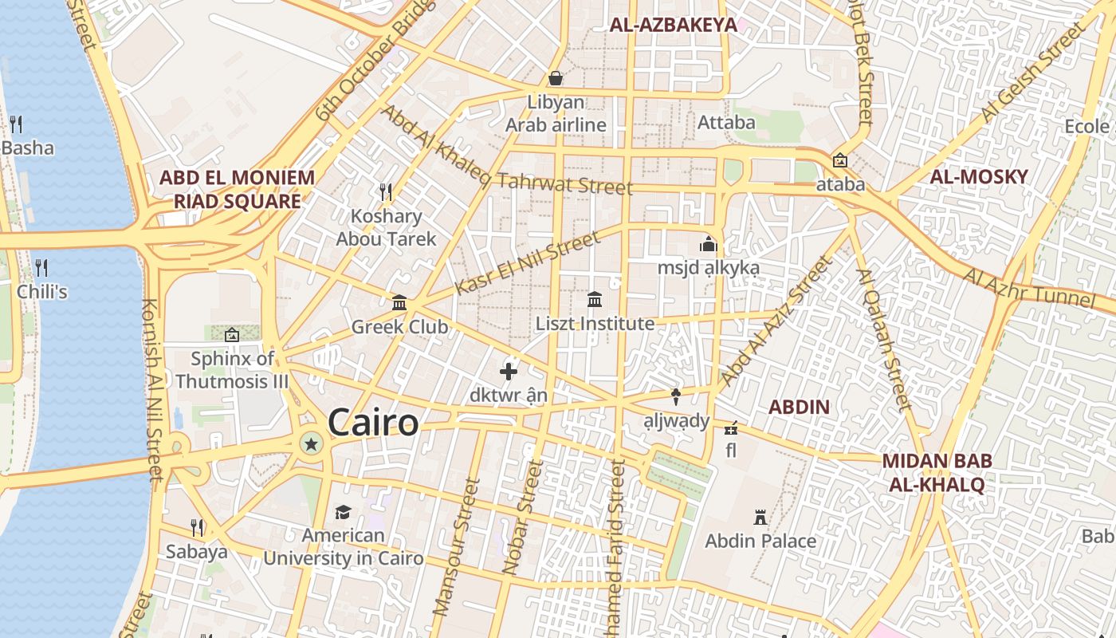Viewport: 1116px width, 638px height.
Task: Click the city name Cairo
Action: [372, 423]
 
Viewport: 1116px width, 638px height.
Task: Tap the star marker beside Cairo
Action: [311, 443]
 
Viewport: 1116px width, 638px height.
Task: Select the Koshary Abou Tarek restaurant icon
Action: [387, 191]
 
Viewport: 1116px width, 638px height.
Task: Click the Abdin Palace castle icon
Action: [760, 518]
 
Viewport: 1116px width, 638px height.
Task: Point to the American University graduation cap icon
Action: [343, 512]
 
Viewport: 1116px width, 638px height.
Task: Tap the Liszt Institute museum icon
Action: [595, 300]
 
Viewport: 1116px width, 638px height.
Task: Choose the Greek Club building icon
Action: [399, 303]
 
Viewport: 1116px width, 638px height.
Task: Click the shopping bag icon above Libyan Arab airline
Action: [556, 78]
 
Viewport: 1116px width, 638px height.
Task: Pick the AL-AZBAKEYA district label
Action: [673, 25]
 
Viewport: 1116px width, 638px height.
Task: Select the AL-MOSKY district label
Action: [979, 177]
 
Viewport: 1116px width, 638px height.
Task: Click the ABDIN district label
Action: [799, 407]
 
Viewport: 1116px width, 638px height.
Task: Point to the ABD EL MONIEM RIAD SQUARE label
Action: [237, 189]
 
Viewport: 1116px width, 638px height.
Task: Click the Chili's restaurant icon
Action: [41, 267]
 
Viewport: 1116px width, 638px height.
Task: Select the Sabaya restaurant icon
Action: [197, 527]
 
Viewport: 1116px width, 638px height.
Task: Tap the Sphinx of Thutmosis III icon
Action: [232, 335]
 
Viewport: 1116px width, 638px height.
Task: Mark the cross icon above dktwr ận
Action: [509, 372]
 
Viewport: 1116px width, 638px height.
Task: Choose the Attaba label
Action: [726, 123]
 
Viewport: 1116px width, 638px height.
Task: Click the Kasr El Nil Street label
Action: [527, 263]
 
